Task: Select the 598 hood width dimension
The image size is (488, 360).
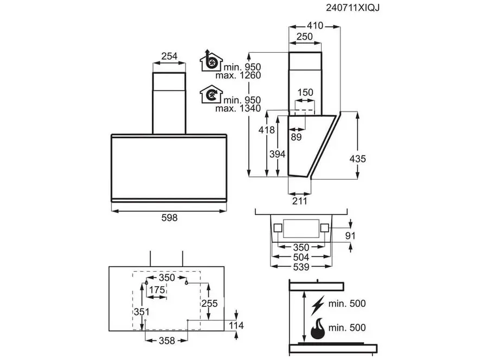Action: click(x=169, y=217)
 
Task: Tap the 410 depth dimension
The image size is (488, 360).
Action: click(x=314, y=25)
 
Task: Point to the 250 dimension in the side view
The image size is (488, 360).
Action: click(x=305, y=36)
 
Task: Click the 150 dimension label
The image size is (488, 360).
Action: click(x=305, y=92)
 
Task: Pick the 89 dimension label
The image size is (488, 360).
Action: click(x=296, y=137)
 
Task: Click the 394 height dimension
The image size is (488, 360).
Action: click(x=277, y=154)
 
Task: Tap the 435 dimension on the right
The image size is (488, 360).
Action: click(x=358, y=159)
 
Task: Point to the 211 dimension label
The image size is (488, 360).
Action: click(x=299, y=201)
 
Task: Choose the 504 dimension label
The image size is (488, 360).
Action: click(x=300, y=257)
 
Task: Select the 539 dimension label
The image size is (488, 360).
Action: click(x=300, y=267)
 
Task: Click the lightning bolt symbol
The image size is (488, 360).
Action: click(x=319, y=305)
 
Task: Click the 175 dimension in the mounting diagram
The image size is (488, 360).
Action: click(x=157, y=290)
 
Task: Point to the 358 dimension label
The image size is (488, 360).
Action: click(x=167, y=340)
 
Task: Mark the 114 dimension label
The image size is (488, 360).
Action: click(x=236, y=325)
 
